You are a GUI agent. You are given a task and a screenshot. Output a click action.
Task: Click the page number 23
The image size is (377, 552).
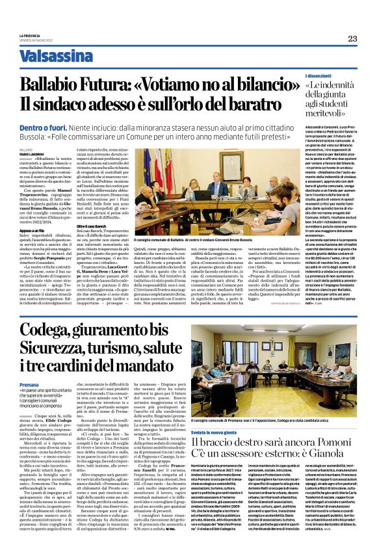[352, 38]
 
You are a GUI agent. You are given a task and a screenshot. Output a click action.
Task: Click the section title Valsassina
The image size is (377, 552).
[57, 56]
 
